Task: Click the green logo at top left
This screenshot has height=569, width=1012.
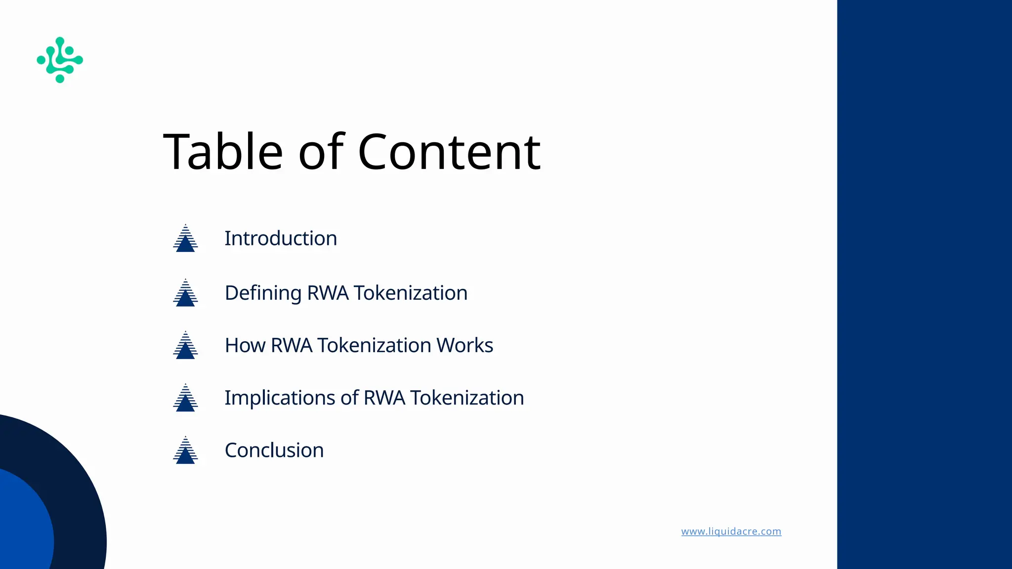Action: click(60, 60)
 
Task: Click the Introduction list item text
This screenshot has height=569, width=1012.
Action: click(281, 239)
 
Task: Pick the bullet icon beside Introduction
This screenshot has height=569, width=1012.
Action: click(185, 239)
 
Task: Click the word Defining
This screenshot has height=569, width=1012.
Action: click(263, 293)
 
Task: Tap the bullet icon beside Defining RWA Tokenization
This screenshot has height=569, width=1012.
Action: click(185, 293)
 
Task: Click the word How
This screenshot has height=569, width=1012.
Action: click(245, 345)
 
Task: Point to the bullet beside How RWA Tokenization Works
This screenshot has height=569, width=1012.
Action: click(185, 345)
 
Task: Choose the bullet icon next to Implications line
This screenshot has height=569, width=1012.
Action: click(185, 398)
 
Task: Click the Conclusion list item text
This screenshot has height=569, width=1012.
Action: click(274, 450)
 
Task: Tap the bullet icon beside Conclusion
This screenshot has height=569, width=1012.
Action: click(185, 450)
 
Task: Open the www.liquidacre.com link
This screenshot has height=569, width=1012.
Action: click(731, 531)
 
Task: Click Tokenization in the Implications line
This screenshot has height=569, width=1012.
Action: click(467, 398)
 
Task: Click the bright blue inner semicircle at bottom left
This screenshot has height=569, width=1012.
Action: click(22, 528)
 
